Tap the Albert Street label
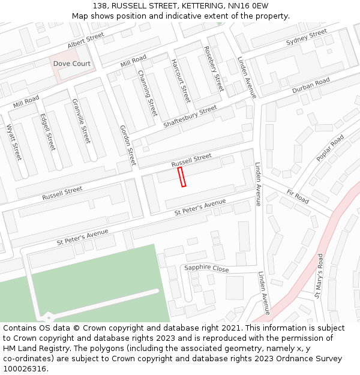coord(86,41)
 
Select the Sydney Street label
coord(307,37)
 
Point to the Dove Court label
coord(72,64)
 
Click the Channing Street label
coord(148,94)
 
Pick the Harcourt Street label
coord(181,80)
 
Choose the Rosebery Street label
coord(214,68)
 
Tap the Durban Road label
coord(311,86)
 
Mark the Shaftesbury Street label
coord(190,116)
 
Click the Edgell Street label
coord(47,132)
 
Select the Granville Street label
coord(81,121)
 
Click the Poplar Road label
coord(330,148)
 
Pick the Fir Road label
coord(298,196)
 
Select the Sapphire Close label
coord(206,269)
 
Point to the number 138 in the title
coord(100,5)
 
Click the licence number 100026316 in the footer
coord(25,369)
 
